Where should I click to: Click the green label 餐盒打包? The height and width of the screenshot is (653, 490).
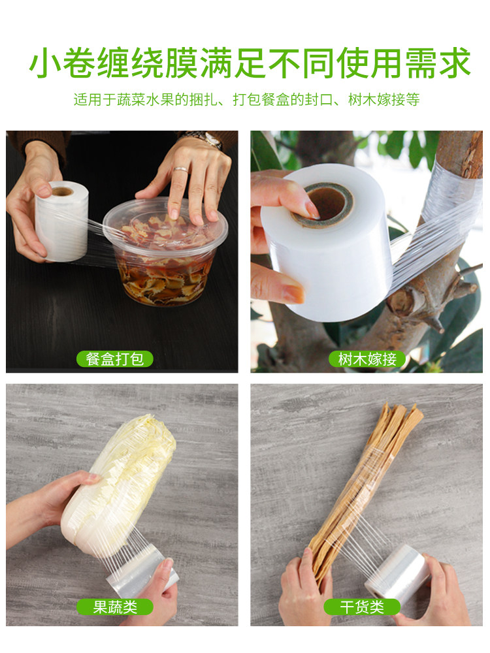click(114, 359)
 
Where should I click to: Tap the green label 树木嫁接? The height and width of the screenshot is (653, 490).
click(367, 359)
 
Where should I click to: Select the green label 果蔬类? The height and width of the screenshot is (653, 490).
click(114, 607)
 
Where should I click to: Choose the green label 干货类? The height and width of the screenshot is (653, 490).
click(362, 607)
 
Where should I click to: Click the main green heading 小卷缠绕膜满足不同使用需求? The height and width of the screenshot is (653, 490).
click(250, 63)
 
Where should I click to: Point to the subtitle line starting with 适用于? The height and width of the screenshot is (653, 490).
click(247, 99)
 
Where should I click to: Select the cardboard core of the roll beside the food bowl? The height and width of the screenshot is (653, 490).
click(62, 191)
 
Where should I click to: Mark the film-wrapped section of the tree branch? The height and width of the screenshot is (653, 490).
click(450, 200)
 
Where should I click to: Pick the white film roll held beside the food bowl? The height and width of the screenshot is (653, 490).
click(61, 221)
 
